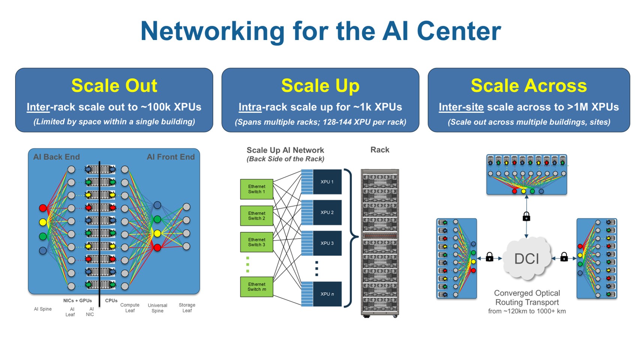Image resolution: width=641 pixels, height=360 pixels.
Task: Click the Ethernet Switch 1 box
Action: (x=256, y=189)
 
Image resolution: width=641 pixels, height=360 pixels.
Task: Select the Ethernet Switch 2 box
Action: (x=256, y=216)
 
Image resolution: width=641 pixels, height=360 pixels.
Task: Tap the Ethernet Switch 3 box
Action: (x=256, y=242)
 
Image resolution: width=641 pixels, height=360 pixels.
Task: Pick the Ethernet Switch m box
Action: (x=256, y=287)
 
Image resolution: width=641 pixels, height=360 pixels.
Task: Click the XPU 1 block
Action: (x=327, y=182)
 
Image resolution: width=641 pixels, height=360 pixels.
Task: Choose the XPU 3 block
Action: (x=327, y=243)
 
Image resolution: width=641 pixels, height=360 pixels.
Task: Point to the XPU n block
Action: (x=327, y=294)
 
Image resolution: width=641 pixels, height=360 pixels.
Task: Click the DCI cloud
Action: (x=527, y=259)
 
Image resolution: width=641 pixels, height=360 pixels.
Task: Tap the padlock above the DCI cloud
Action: (x=526, y=217)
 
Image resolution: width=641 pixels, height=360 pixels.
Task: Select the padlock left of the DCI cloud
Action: (x=490, y=257)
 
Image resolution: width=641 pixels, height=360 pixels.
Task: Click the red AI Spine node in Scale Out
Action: (x=43, y=208)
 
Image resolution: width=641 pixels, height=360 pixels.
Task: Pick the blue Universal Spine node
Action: (x=157, y=205)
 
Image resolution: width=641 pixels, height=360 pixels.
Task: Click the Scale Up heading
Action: (x=320, y=85)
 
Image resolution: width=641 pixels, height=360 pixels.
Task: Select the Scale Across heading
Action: (x=529, y=85)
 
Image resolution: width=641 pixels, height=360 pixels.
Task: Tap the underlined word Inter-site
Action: (x=461, y=107)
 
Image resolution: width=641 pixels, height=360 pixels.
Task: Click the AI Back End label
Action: (x=56, y=157)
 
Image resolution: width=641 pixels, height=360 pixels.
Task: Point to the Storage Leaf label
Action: (x=187, y=308)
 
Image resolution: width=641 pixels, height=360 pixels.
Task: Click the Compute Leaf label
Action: (x=130, y=308)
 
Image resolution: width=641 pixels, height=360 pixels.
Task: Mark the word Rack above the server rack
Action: (x=380, y=150)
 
